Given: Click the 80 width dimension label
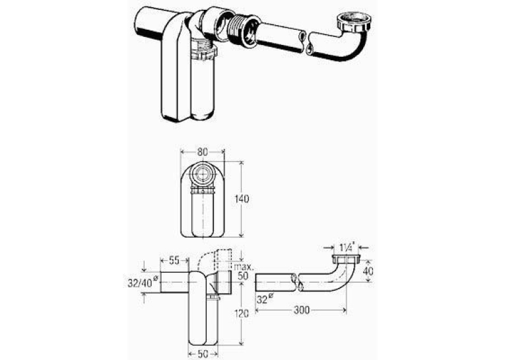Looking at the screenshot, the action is [x=202, y=152].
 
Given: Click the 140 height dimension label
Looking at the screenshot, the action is [x=242, y=199].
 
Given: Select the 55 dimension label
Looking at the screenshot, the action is [x=174, y=260].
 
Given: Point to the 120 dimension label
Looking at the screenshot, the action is [x=241, y=313].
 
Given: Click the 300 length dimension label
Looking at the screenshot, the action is [x=302, y=310].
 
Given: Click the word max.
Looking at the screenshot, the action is [x=244, y=267].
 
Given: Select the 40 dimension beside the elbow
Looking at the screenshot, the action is [x=368, y=271].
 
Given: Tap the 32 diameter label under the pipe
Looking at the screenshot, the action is [x=264, y=299].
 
